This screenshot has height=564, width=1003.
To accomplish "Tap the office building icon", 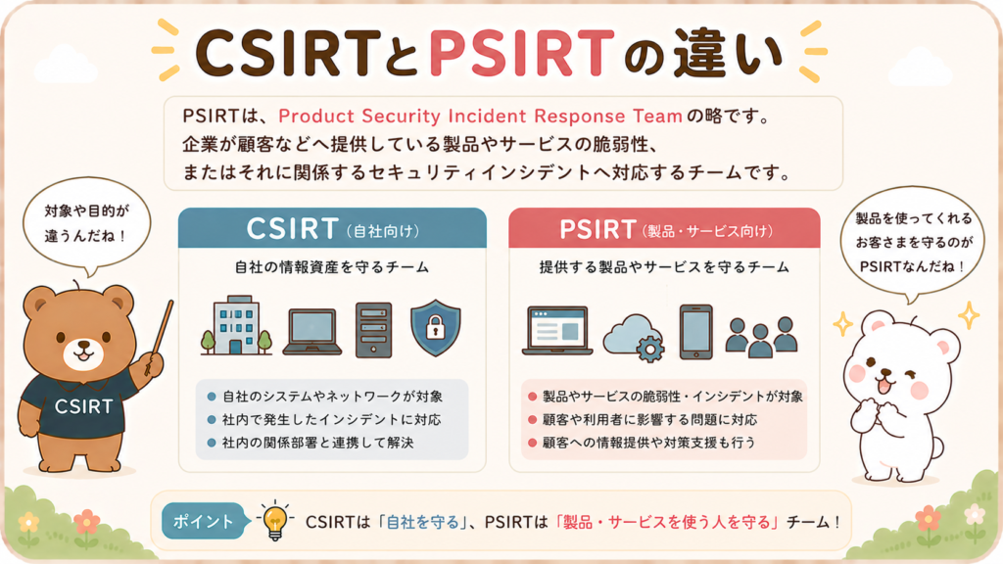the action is click(x=236, y=325).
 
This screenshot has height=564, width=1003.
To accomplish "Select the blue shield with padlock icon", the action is click(x=435, y=327).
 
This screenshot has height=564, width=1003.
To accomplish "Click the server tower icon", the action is click(x=373, y=329).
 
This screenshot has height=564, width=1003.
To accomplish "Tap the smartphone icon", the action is click(x=696, y=332).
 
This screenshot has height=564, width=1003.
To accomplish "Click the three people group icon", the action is click(x=761, y=337).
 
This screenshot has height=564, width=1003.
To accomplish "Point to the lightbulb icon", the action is click(x=275, y=521).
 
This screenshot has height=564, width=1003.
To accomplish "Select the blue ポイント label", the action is click(x=204, y=521).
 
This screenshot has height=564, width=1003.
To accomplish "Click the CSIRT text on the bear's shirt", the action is click(x=84, y=406).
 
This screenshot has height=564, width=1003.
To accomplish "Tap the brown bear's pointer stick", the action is click(x=160, y=337).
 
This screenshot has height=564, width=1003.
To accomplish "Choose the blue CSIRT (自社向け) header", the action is click(x=332, y=228).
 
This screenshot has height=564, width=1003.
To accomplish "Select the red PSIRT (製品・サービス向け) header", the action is click(x=664, y=228).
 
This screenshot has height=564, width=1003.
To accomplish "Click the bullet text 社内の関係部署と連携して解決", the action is click(x=318, y=443).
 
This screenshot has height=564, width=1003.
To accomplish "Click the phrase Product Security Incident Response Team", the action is click(x=480, y=116).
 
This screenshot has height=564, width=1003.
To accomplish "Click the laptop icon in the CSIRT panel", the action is click(x=312, y=331).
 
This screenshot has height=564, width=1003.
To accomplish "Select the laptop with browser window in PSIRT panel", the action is click(x=557, y=330).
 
